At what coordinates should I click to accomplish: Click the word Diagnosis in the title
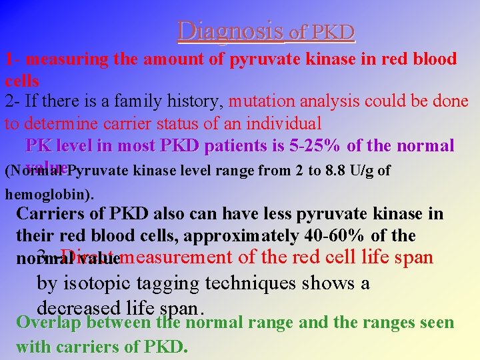point(230,30)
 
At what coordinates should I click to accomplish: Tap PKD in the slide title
point(333,31)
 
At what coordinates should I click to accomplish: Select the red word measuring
point(62,59)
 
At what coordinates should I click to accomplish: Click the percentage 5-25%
point(315,145)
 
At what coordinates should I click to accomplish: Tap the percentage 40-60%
point(339,236)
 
